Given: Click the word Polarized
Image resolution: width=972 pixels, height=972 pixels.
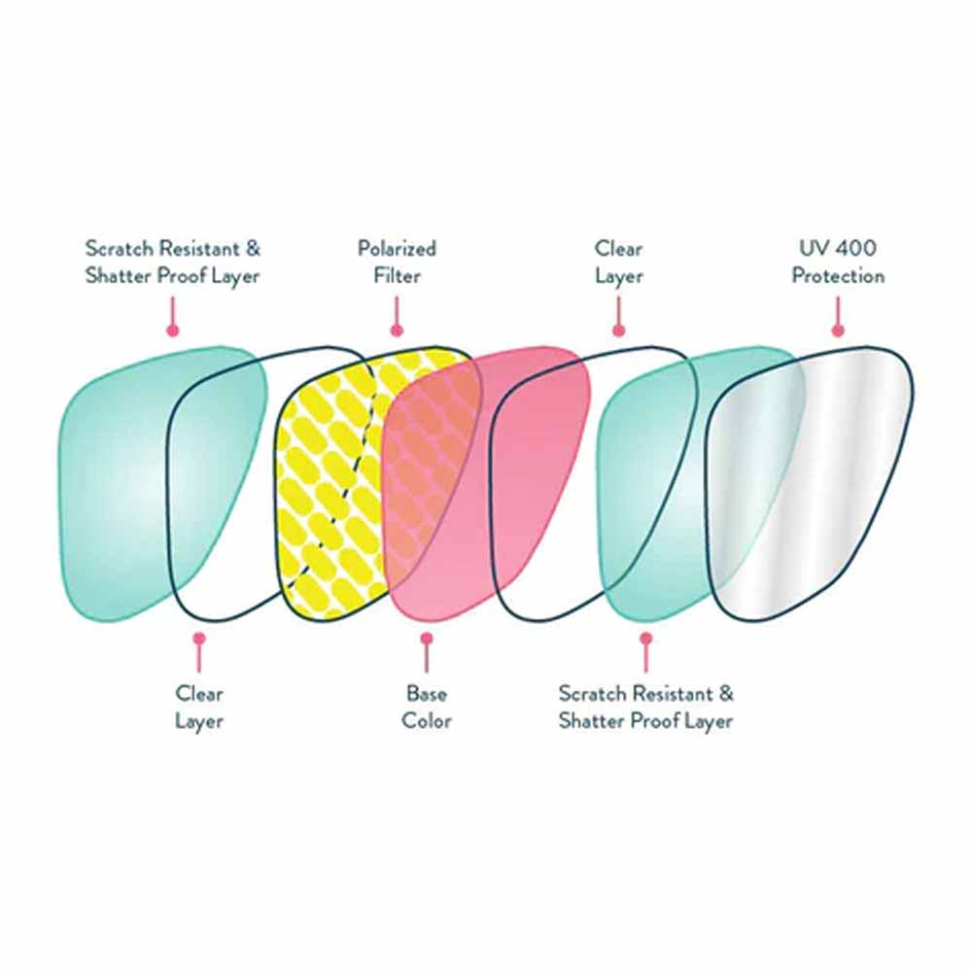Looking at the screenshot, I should tap(397, 249).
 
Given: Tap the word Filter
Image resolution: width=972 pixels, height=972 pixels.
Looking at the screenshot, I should tap(397, 276).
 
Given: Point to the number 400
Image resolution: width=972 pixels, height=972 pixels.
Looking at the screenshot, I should tap(858, 249).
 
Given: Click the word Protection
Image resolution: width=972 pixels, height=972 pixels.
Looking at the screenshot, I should tap(838, 276).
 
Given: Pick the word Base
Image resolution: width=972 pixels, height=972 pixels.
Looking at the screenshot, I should tap(427, 694).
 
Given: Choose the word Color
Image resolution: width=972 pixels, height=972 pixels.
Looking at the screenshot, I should tap(427, 721).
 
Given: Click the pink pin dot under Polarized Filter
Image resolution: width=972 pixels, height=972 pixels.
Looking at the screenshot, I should tap(397, 330).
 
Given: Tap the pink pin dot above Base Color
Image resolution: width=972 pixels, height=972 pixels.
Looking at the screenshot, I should tap(426, 639).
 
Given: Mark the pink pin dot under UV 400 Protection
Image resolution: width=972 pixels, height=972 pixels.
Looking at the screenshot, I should tap(838, 330).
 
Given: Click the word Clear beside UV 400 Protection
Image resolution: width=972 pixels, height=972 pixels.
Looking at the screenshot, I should tap(619, 249).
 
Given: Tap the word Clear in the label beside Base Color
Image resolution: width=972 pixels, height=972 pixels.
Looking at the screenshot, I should tap(199, 694).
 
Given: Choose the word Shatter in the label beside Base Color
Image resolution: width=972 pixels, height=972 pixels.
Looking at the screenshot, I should tap(589, 721).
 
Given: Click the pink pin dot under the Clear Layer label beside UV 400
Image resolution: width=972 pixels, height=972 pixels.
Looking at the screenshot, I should tap(619, 330).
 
